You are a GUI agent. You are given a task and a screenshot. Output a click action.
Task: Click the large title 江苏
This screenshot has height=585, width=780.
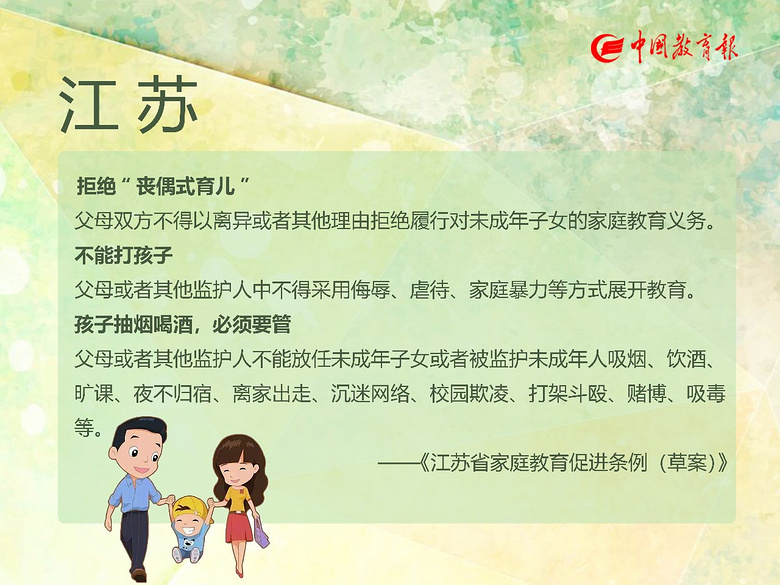click(128, 105)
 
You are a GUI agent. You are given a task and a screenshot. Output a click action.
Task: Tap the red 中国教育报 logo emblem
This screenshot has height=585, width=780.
click(607, 48)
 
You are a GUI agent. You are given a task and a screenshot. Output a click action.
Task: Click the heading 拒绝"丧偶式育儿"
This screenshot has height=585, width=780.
click(163, 186)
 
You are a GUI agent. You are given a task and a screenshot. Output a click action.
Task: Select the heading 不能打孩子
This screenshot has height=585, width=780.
click(124, 255)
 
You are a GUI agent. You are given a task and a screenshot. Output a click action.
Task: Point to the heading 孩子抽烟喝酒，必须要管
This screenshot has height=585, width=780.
click(183, 324)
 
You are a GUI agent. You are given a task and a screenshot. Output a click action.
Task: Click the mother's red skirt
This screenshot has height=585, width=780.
click(239, 527)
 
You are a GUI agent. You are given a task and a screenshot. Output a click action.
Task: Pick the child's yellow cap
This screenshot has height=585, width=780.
click(191, 507)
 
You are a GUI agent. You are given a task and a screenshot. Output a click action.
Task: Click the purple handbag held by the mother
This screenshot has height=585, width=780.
click(261, 532)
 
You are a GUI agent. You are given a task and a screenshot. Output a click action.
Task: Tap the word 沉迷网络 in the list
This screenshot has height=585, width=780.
click(370, 393)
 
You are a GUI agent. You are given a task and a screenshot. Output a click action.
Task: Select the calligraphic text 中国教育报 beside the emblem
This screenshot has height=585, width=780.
click(684, 47)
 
